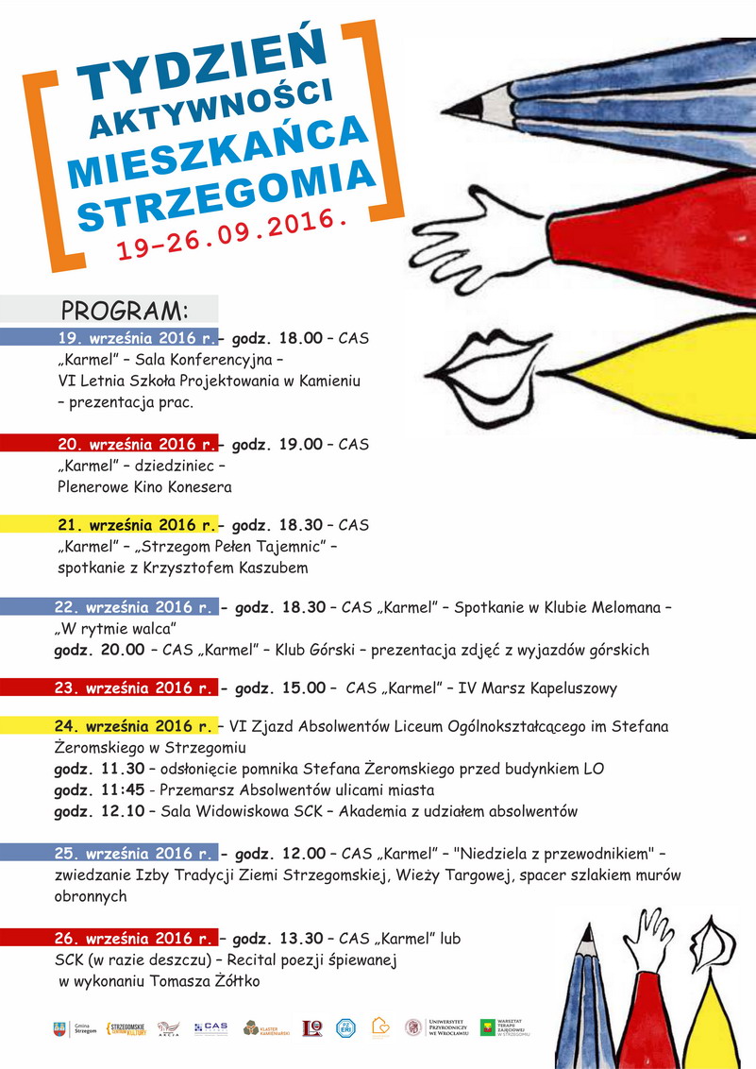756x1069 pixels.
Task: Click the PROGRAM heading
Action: (x=125, y=311)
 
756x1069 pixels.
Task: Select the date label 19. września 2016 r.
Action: (x=137, y=336)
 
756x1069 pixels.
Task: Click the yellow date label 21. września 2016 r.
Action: (x=137, y=524)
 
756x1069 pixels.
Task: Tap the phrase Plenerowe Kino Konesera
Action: (x=143, y=487)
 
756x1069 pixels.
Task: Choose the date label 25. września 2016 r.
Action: (x=137, y=854)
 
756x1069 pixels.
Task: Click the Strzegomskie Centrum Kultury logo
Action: (x=126, y=1028)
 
